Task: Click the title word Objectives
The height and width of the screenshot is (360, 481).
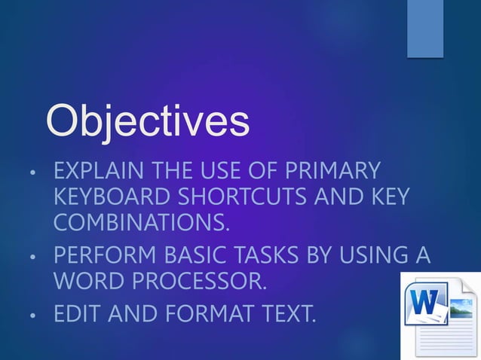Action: coord(147,121)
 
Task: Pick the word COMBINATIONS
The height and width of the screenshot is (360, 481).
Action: coord(142,224)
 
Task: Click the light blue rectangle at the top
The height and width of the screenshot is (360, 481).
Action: coord(425,29)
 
